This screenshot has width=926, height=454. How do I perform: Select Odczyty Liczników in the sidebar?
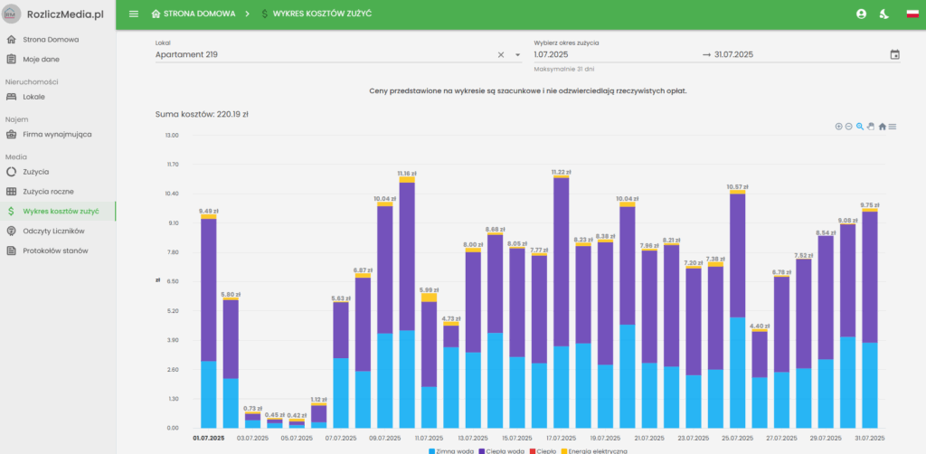click(x=60, y=231)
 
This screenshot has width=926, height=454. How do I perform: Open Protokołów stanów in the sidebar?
click(x=54, y=251)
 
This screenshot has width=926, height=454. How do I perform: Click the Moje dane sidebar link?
click(x=41, y=59)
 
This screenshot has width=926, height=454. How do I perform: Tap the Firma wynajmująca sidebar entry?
click(x=56, y=134)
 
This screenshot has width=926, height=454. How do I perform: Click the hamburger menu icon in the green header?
click(x=134, y=14)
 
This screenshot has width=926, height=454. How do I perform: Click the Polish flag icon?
click(x=912, y=14)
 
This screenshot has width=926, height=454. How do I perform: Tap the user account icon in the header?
click(x=861, y=14)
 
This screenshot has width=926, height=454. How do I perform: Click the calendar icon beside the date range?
click(x=894, y=54)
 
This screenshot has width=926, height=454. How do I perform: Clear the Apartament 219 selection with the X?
click(x=501, y=54)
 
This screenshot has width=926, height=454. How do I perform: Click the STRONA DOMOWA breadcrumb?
click(x=194, y=14)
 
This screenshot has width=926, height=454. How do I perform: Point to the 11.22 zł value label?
click(x=562, y=171)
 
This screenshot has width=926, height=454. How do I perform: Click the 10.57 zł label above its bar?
click(x=738, y=186)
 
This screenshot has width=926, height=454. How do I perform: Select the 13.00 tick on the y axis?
click(x=171, y=135)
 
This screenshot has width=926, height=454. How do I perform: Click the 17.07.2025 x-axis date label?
click(x=562, y=438)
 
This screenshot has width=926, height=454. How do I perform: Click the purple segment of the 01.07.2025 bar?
click(x=209, y=289)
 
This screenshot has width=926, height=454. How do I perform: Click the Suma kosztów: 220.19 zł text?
click(x=203, y=115)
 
